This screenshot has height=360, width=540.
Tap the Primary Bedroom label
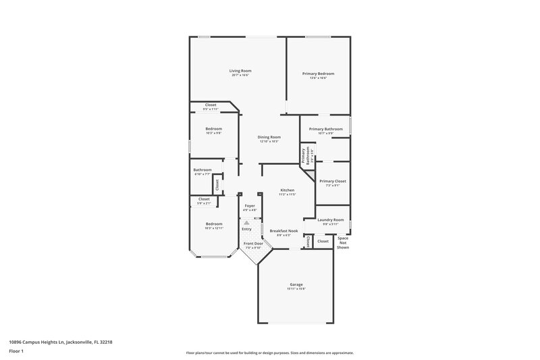[318, 74]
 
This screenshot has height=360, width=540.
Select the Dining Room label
[269, 137]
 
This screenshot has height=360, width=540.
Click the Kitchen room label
[288, 190]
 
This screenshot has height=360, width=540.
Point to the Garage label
[296, 284]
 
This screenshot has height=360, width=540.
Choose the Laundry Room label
[331, 220]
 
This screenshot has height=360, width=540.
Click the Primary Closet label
[333, 181]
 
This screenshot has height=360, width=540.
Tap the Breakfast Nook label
[284, 231]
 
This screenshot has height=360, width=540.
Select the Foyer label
[250, 205]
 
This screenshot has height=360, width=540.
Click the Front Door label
[253, 243]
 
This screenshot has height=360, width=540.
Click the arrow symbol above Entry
[246, 222]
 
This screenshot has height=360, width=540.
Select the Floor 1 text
[17, 352]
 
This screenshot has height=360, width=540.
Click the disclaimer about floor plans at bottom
[269, 353]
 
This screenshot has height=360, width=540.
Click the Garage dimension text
[296, 289]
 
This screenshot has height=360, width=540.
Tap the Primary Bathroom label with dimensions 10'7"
[326, 129]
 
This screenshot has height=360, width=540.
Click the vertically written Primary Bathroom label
[306, 156]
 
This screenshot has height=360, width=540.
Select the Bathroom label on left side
[202, 170]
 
